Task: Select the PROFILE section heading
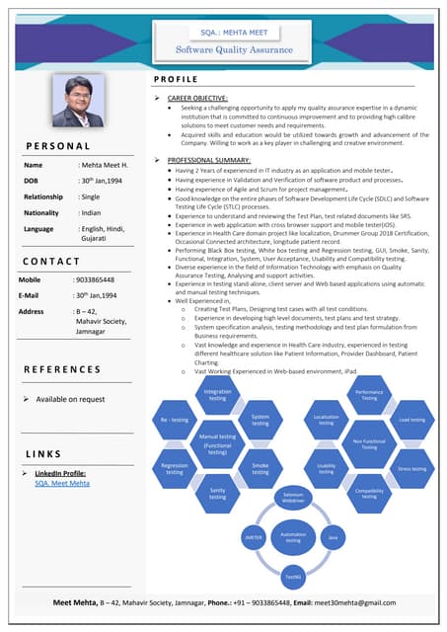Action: click(177, 78)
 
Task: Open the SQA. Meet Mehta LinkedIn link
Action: click(62, 484)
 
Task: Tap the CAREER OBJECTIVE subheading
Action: click(197, 98)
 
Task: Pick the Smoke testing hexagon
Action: click(261, 468)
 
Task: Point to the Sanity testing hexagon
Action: click(217, 493)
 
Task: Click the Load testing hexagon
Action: click(411, 420)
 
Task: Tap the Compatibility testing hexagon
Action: click(369, 493)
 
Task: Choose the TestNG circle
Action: click(293, 576)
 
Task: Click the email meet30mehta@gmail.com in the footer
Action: click(355, 602)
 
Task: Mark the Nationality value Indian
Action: click(91, 212)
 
